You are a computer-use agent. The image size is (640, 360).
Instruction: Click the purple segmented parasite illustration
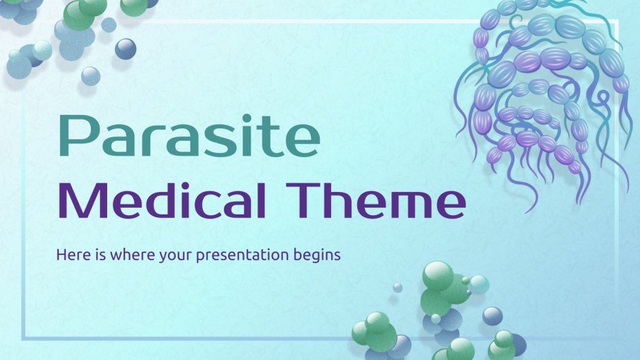point(540,96)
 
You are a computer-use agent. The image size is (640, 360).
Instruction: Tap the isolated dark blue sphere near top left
point(126,49)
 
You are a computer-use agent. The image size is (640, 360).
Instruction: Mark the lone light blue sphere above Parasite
point(90,76)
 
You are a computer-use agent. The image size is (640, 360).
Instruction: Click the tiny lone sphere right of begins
point(397,288)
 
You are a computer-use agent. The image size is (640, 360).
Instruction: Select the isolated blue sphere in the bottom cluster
point(492,316)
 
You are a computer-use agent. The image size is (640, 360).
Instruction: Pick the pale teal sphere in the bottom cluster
point(479,284)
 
